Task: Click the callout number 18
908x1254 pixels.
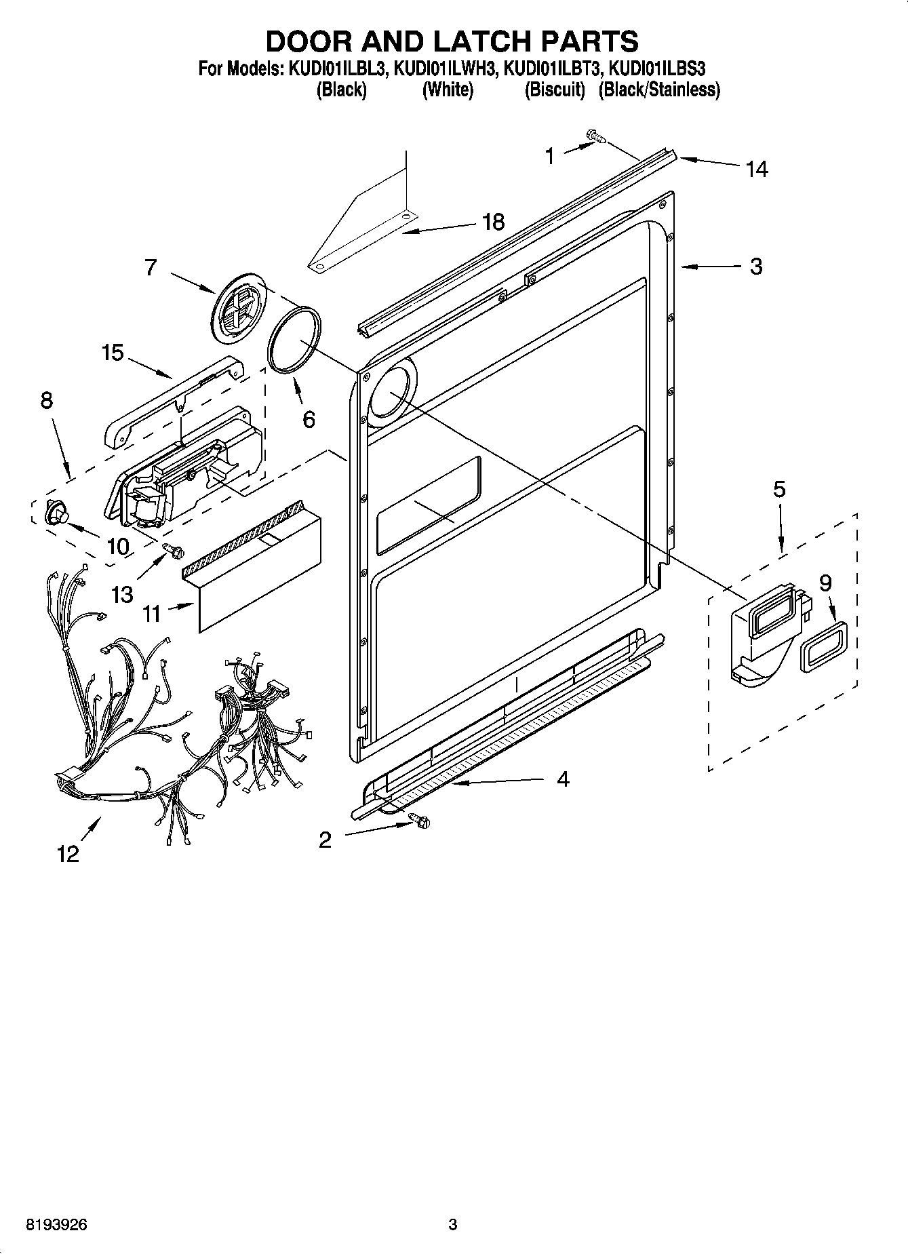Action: pos(493,221)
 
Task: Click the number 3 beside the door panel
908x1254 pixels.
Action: pos(756,266)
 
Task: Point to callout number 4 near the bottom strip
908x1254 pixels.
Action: pos(563,779)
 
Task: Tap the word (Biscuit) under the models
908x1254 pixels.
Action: pos(554,90)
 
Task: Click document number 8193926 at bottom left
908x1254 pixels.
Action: pos(56,1224)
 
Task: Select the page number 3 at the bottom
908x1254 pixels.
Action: pos(453,1224)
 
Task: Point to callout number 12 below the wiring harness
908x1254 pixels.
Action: pos(68,853)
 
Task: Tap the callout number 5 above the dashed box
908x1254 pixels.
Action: pos(779,489)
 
